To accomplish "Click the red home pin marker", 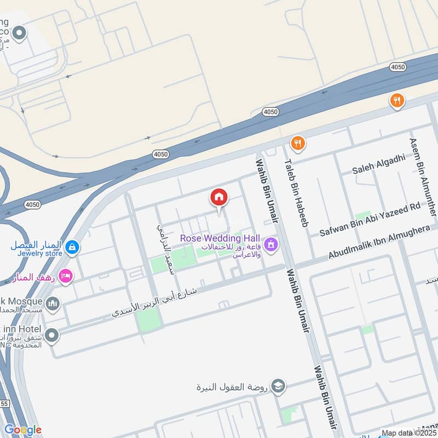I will click(x=219, y=198).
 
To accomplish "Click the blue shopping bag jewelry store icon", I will click(x=71, y=249).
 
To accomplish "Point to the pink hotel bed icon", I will click(x=65, y=276).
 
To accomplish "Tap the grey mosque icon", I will click(x=53, y=303).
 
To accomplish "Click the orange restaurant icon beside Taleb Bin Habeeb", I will click(x=297, y=143).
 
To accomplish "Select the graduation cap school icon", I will click(x=278, y=386).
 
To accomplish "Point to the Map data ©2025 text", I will click(x=408, y=433).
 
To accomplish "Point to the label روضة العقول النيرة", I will click(x=233, y=387).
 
